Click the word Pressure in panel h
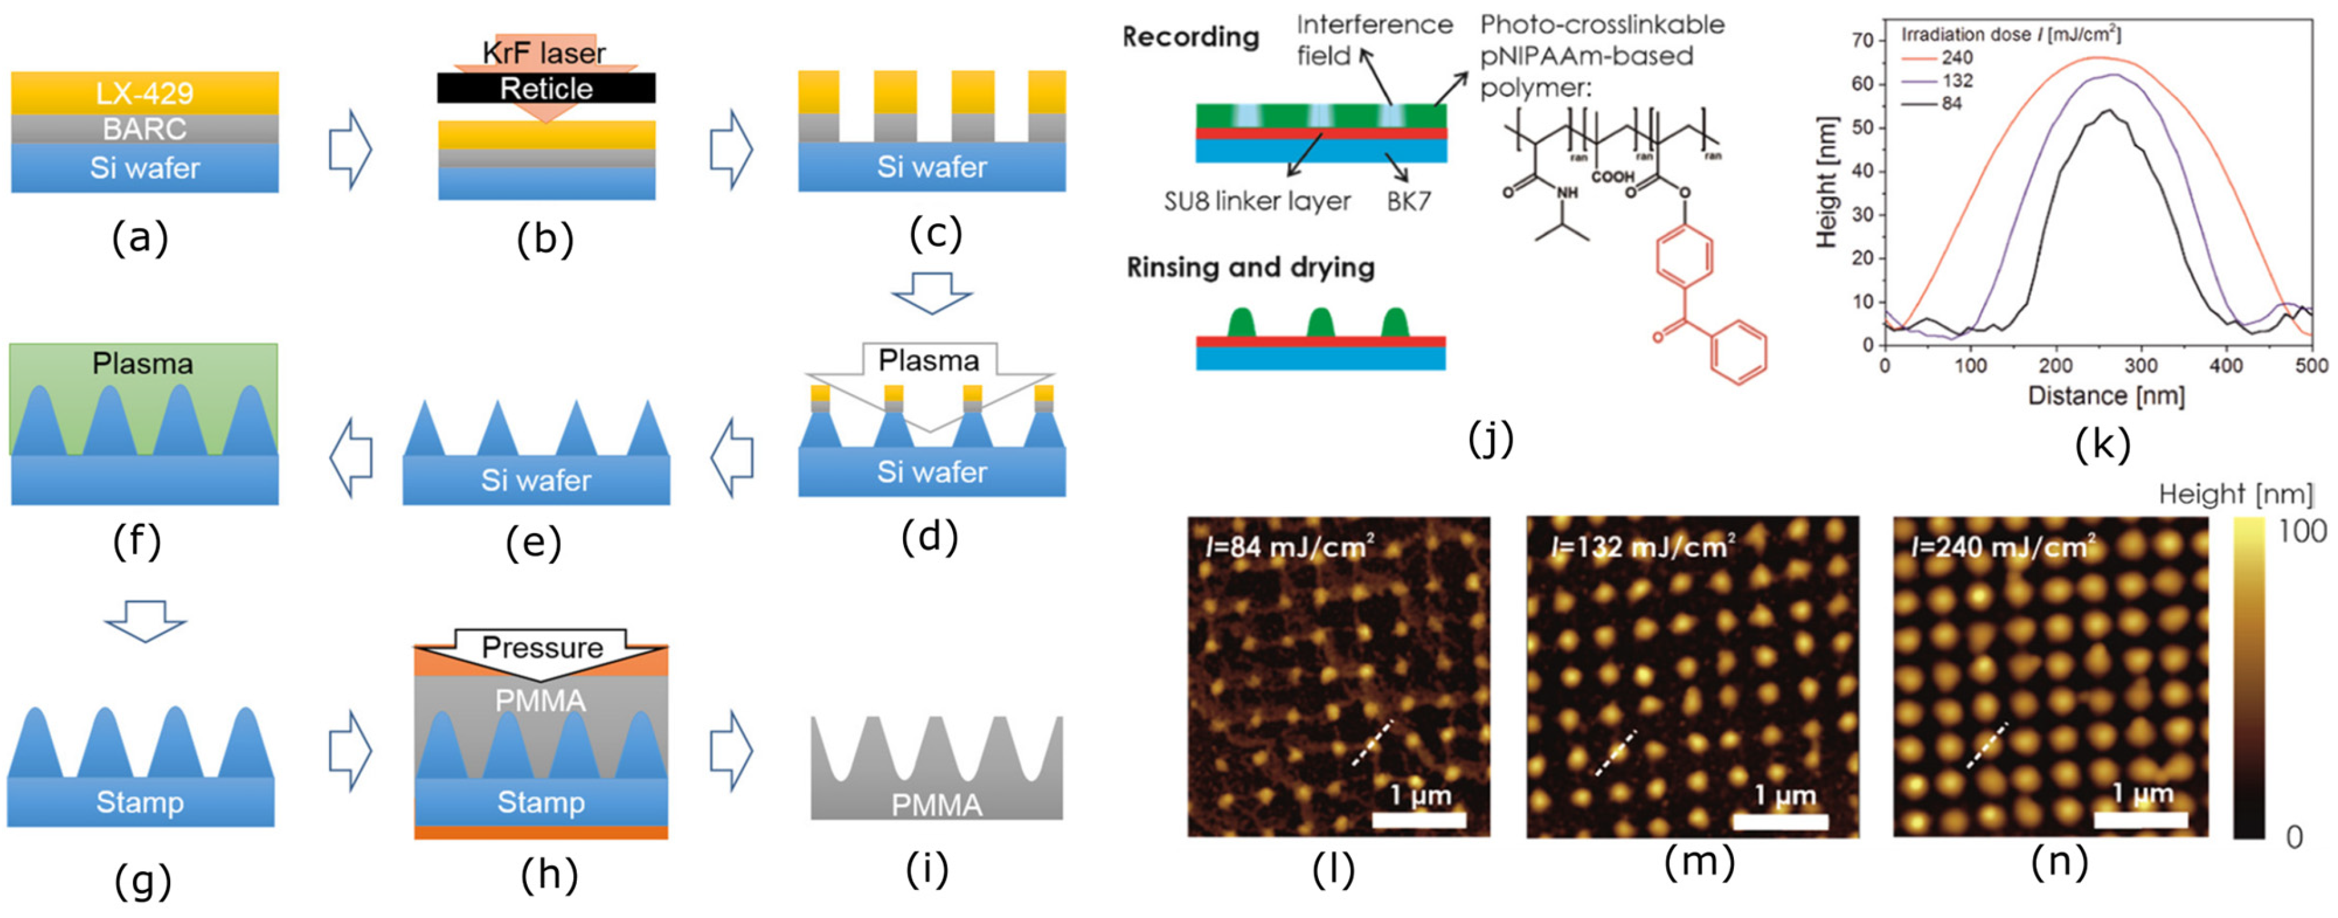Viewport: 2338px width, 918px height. pos(542,648)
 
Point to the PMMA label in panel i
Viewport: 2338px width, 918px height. pos(936,804)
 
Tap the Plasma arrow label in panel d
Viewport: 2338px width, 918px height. pos(928,360)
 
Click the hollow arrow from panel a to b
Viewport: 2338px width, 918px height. pos(350,150)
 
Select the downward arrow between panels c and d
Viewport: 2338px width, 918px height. pos(932,292)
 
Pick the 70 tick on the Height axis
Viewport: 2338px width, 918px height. pos(1862,40)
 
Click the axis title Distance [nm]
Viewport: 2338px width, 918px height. pos(2106,396)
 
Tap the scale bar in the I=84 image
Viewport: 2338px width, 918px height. pos(1418,819)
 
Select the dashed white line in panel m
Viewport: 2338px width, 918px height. pos(1616,753)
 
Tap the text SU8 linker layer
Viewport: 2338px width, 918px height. pos(1257,201)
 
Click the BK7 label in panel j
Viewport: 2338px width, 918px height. pos(1408,201)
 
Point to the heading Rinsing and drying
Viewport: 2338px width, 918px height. pos(1250,267)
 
